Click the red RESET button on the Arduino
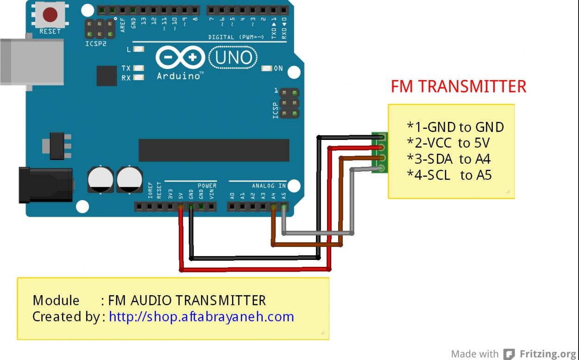[50, 15]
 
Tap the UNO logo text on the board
[234, 57]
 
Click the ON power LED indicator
[267, 69]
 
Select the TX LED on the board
[138, 68]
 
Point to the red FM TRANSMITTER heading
[458, 87]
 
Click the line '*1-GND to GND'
[455, 127]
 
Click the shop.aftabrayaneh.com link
[201, 316]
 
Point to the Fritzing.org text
[549, 354]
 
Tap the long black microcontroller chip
[214, 150]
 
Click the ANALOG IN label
[269, 186]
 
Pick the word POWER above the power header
[207, 186]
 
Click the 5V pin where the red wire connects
[181, 207]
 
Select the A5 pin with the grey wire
[283, 207]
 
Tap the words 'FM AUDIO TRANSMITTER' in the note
[187, 300]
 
